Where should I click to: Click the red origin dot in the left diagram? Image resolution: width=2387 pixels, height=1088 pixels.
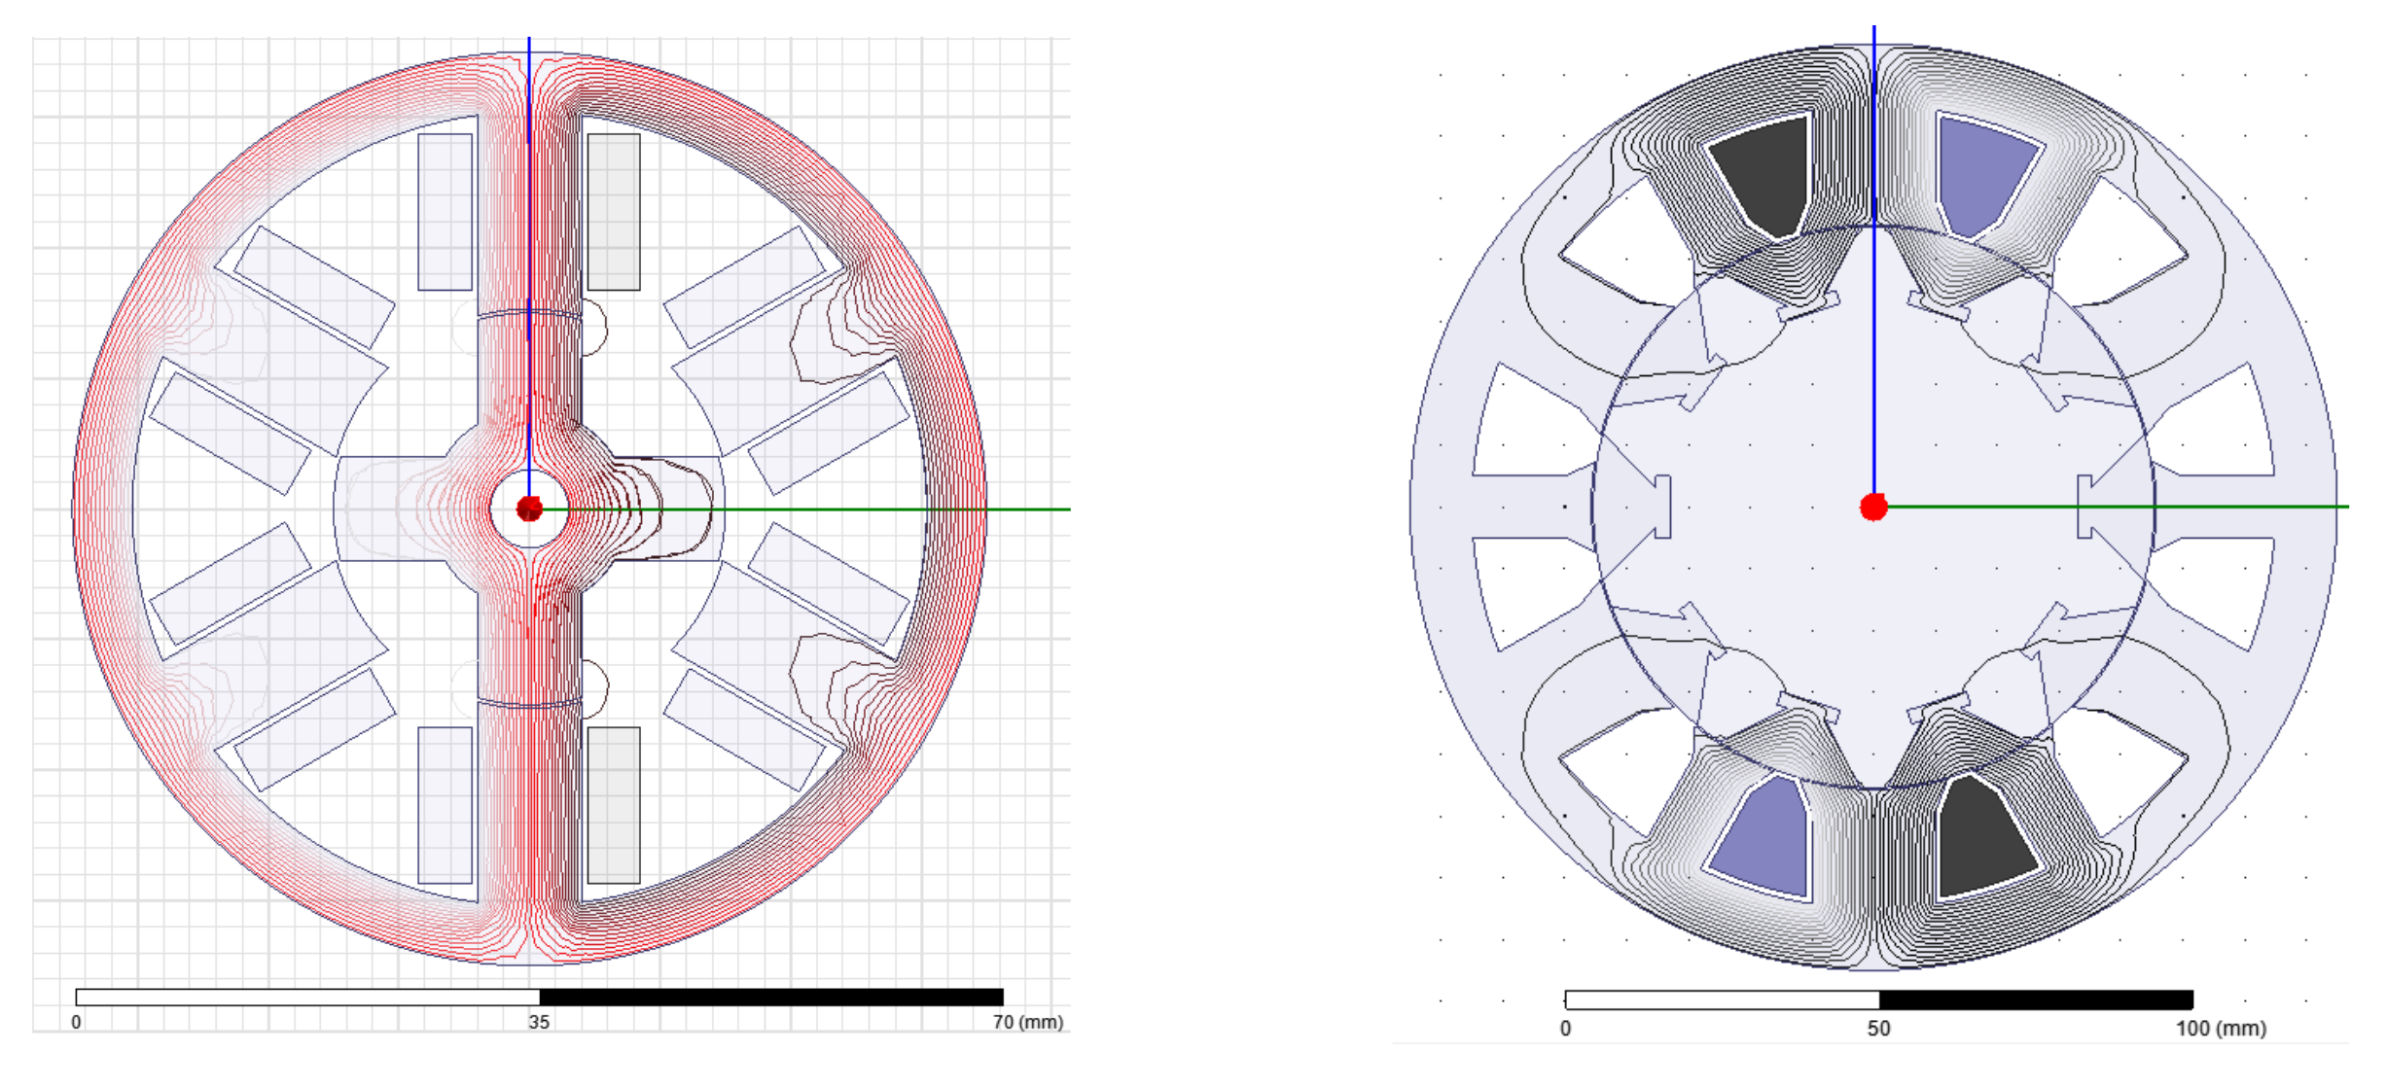click(529, 509)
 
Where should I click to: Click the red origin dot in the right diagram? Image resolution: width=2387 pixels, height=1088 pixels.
click(1873, 507)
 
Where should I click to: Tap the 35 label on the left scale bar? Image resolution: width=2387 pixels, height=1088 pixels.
click(539, 1022)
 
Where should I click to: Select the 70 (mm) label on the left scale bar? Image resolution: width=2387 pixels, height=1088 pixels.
click(1028, 1022)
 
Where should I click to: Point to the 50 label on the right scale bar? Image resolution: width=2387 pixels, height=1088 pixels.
click(1878, 1029)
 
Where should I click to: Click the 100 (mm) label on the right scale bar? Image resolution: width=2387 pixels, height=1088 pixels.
click(2222, 1029)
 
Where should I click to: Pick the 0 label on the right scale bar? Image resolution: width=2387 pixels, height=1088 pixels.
click(1565, 1029)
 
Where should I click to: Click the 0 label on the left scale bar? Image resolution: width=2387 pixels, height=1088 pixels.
click(76, 1022)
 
